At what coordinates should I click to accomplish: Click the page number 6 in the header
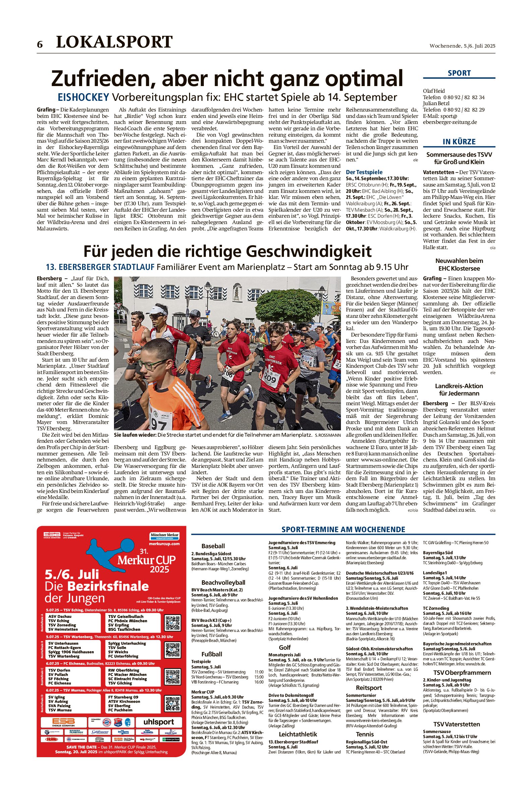point(40,44)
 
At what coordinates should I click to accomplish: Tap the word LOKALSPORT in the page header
point(114,42)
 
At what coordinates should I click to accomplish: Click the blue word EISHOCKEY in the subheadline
point(83,97)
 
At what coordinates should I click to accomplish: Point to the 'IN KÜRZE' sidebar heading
point(459,142)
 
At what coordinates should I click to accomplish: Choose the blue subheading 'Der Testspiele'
point(364,172)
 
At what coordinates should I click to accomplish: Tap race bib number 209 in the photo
point(271,377)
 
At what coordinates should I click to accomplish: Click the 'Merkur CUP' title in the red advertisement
point(146,560)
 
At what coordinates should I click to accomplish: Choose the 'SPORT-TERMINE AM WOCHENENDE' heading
point(343,530)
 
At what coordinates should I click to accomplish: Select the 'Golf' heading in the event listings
point(285,647)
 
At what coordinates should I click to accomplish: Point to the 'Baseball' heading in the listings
point(213,546)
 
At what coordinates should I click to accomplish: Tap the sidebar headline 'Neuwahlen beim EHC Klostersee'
point(459,264)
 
